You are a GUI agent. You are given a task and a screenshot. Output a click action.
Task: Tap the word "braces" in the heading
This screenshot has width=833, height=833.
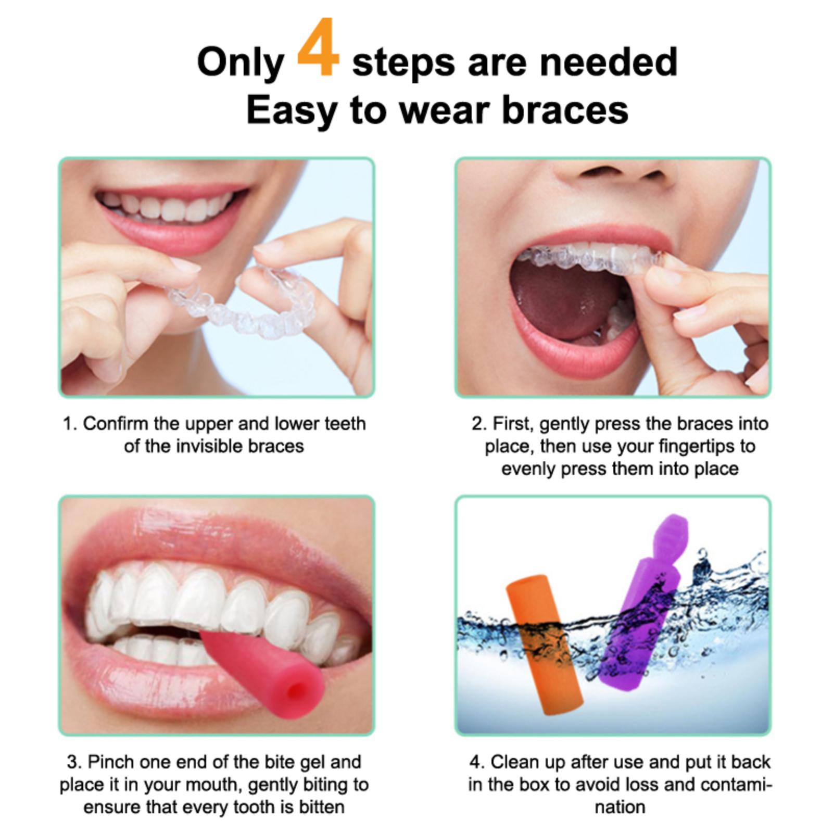[x=565, y=110]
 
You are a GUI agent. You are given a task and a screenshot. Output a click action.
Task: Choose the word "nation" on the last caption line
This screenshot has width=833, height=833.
[x=620, y=807]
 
